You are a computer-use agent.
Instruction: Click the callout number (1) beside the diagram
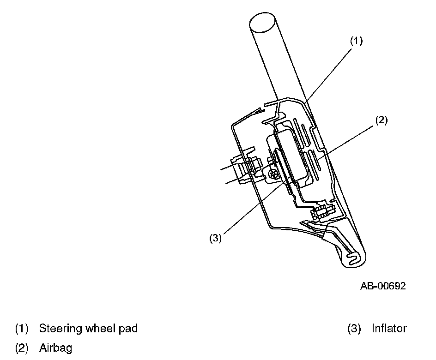356,41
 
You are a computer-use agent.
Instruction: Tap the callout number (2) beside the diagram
381,121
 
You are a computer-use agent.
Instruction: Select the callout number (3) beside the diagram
215,239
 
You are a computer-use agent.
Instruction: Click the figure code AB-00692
383,286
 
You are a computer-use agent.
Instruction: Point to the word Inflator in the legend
389,329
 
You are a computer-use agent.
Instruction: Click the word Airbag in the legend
55,348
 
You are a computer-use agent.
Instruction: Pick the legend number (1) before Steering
22,329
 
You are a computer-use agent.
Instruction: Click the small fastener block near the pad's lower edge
321,213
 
